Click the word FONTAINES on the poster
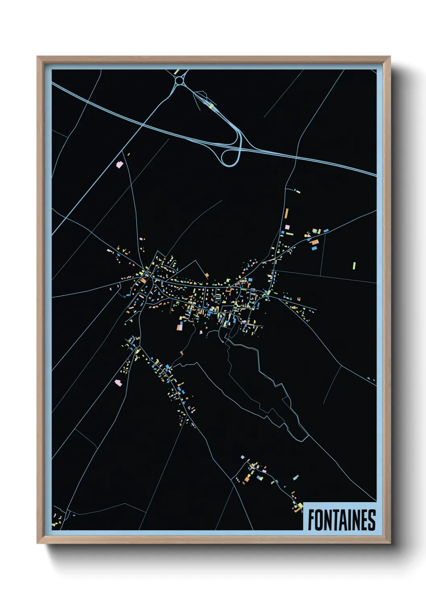click(341, 520)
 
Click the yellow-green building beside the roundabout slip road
click(211, 106)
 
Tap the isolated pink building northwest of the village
click(119, 164)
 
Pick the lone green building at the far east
click(354, 265)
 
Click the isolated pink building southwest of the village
click(118, 383)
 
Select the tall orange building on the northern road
click(287, 213)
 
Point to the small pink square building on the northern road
click(287, 228)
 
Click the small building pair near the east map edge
click(371, 379)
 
